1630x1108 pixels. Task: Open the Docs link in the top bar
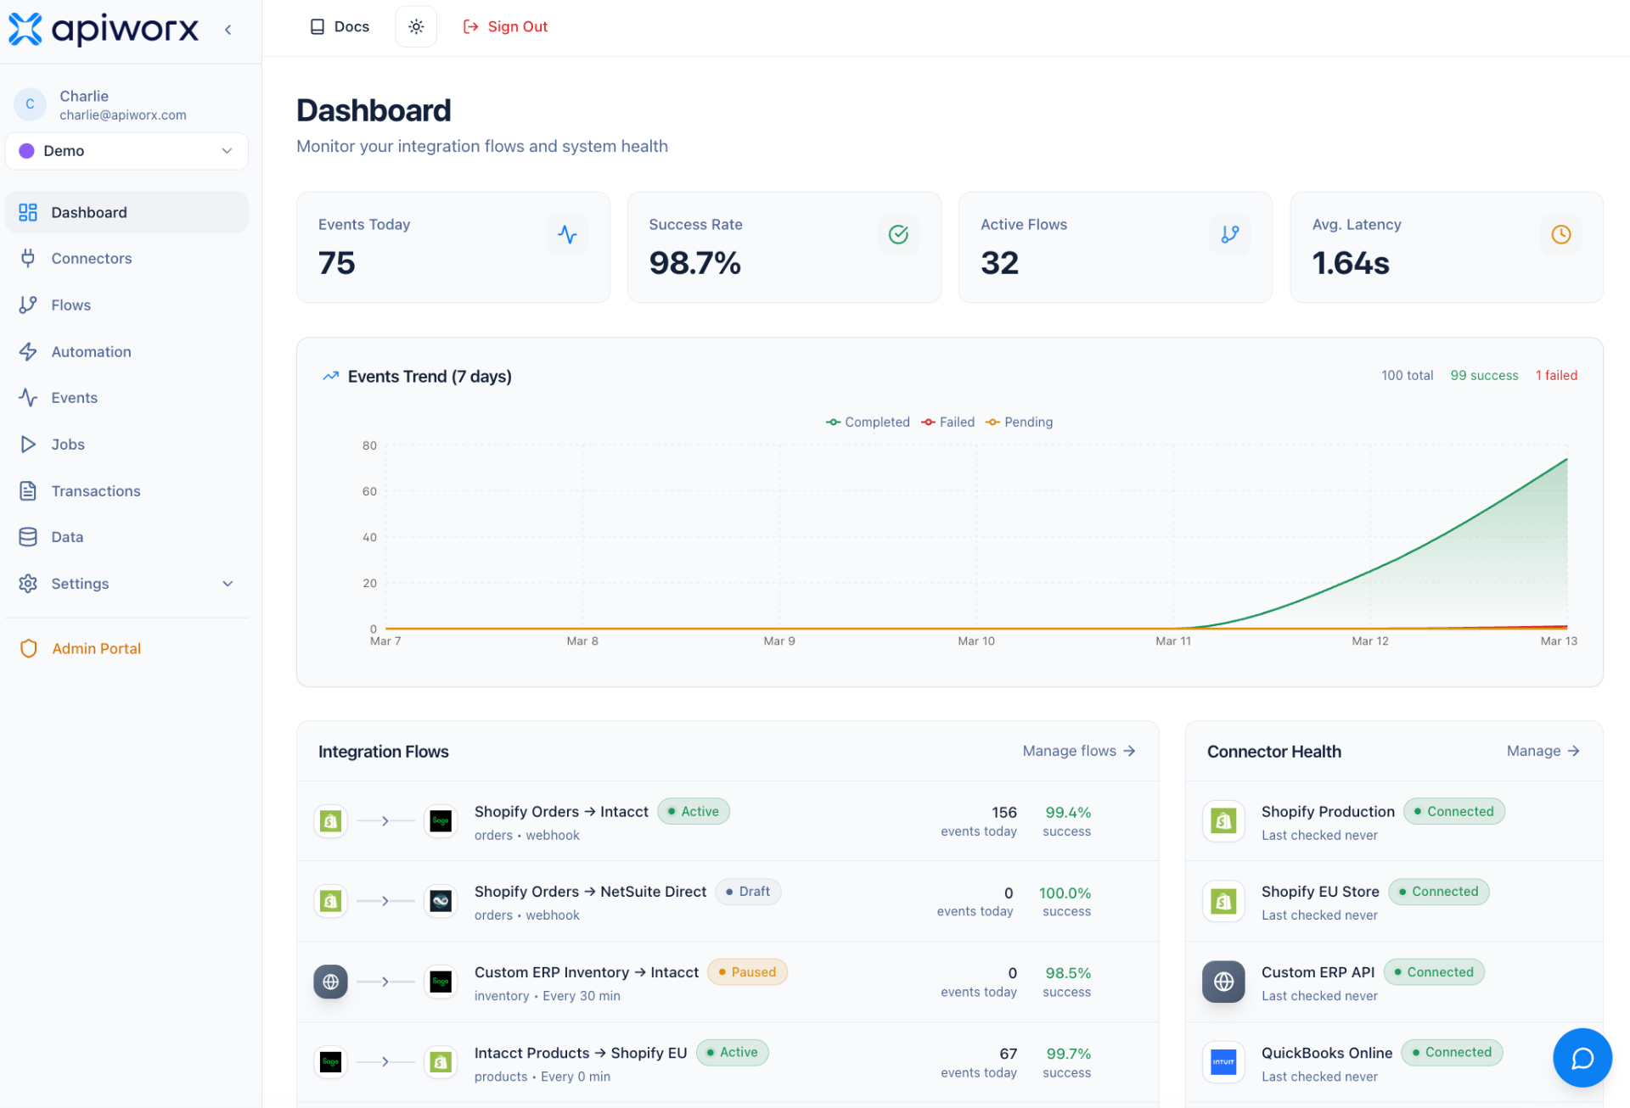click(x=340, y=27)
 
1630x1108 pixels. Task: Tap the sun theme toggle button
click(x=416, y=27)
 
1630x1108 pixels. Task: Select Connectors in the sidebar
click(x=91, y=259)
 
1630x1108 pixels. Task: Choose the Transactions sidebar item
click(x=95, y=491)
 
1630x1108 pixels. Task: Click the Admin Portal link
click(x=96, y=649)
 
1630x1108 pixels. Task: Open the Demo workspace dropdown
click(x=126, y=151)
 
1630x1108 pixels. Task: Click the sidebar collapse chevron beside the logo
click(x=228, y=30)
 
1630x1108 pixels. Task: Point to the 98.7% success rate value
click(x=694, y=264)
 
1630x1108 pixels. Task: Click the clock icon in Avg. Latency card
click(x=1560, y=235)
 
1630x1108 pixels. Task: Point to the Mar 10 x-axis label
click(x=975, y=641)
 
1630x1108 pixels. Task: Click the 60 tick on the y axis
click(x=369, y=492)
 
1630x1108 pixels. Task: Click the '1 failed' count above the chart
click(x=1556, y=376)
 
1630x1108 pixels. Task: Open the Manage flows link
click(x=1078, y=752)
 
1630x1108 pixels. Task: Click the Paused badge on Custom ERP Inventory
click(x=747, y=972)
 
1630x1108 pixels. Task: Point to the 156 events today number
click(x=1003, y=813)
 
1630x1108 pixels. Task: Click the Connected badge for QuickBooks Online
click(x=1452, y=1053)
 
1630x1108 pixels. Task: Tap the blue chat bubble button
click(x=1582, y=1058)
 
